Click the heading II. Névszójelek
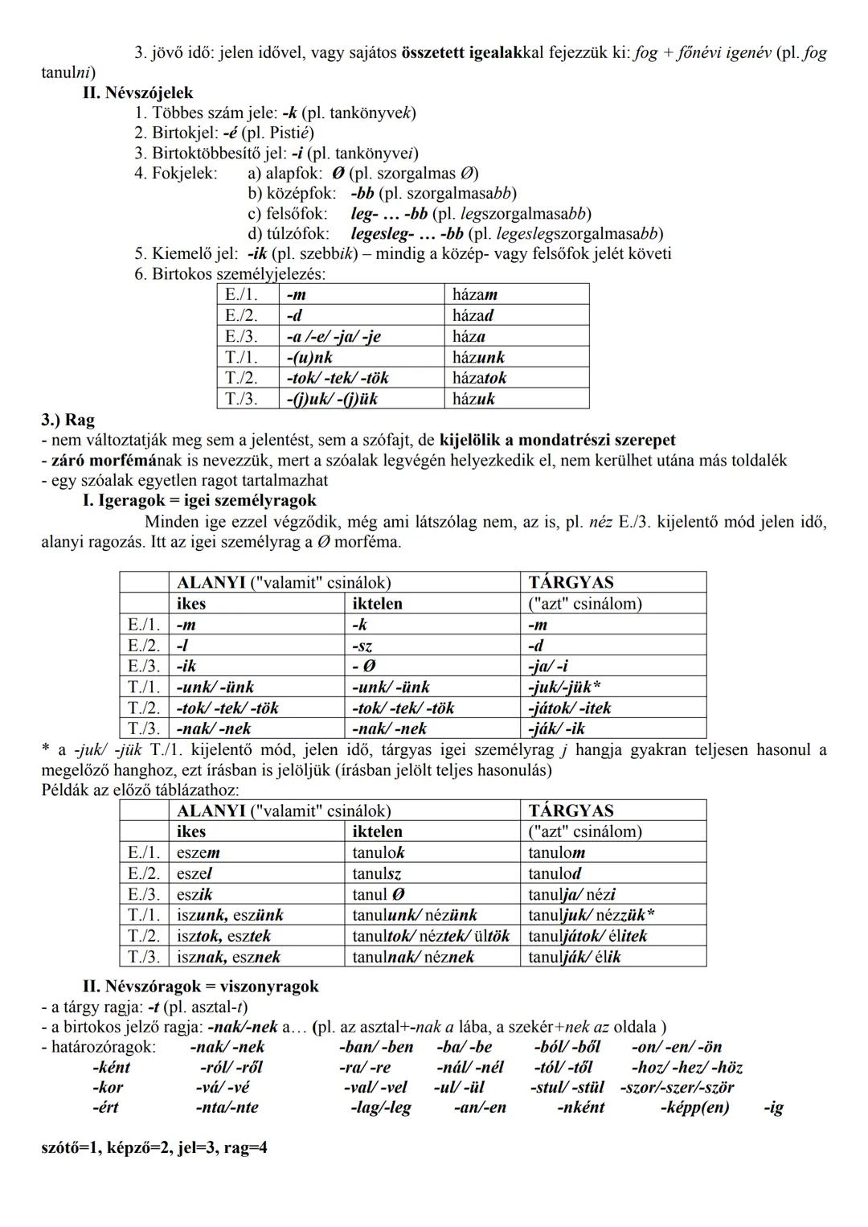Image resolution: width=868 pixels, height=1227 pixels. point(137,93)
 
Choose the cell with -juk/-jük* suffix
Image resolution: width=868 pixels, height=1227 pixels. point(564,687)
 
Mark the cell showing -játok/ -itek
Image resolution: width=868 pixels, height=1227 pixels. point(569,708)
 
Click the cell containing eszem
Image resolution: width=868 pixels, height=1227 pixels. point(199,853)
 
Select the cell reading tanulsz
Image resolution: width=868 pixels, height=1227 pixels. point(376,874)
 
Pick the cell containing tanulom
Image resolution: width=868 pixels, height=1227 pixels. point(556,853)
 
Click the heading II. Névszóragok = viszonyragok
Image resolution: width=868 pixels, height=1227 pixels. point(200,987)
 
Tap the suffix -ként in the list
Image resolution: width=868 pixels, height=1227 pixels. point(111,1068)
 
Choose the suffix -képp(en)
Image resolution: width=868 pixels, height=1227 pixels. point(694,1108)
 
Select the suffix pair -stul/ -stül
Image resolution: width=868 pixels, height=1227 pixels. point(567,1088)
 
